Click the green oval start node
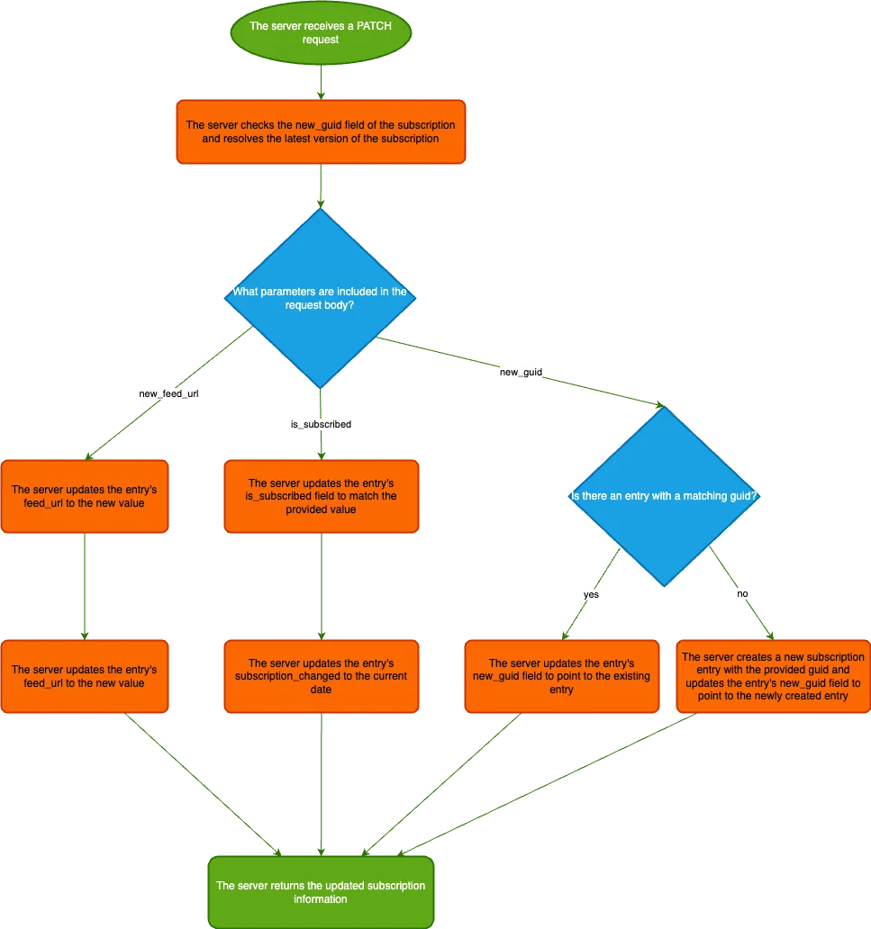click(x=321, y=33)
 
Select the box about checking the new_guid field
click(x=321, y=131)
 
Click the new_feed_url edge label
click(x=168, y=393)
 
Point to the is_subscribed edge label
click(x=321, y=423)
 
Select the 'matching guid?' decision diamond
click(x=663, y=496)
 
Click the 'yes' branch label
click(x=591, y=593)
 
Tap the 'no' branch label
click(x=742, y=594)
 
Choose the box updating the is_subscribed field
click(x=321, y=496)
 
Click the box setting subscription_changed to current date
click(x=321, y=676)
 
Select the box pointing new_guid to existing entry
click(x=561, y=676)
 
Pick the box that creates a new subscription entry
click(x=773, y=676)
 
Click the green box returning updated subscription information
click(x=321, y=892)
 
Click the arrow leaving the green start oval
click(x=321, y=81)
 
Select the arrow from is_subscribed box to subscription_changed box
click(x=321, y=586)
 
